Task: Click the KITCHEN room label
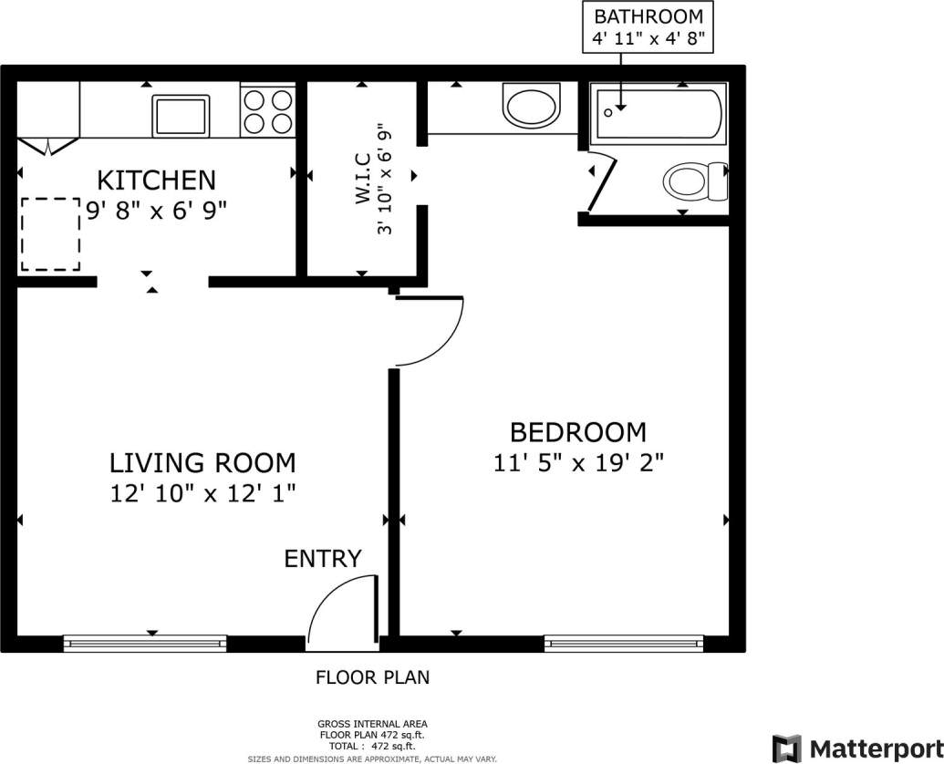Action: (156, 180)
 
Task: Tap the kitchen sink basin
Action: (180, 116)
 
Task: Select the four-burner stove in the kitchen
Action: (268, 111)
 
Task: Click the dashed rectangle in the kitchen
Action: (50, 234)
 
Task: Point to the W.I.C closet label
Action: (363, 179)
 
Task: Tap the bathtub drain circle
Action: (608, 112)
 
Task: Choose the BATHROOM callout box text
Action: (648, 28)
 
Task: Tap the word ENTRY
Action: (323, 558)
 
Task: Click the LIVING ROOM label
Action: (202, 462)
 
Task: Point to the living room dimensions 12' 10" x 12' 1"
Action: (202, 493)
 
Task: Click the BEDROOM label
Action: (577, 431)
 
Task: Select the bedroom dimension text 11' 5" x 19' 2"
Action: (577, 463)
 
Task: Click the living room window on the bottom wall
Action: (144, 644)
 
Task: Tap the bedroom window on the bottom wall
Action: (625, 644)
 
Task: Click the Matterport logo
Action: (856, 748)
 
